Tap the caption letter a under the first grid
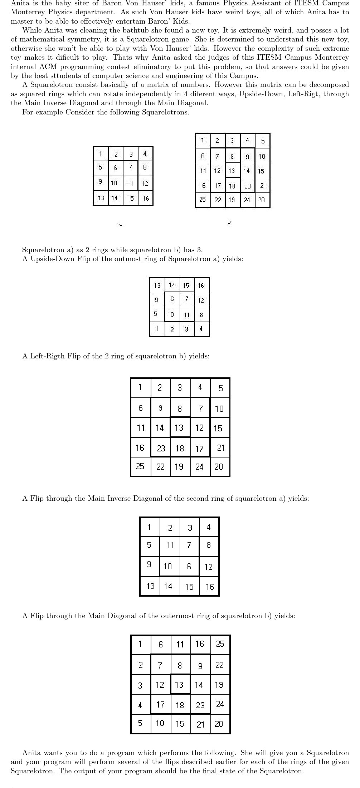click(x=121, y=224)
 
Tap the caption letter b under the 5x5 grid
click(x=229, y=222)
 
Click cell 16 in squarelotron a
click(x=146, y=198)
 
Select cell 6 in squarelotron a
click(x=116, y=167)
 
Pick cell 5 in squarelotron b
click(x=263, y=141)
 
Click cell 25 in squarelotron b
click(x=203, y=200)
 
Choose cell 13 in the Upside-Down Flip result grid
click(x=157, y=285)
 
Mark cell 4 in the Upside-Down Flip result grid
click(x=201, y=329)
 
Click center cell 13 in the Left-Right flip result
click(x=179, y=428)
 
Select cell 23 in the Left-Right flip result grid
click(x=161, y=448)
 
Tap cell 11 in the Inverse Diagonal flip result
click(x=170, y=545)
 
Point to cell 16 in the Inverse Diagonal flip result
click(x=209, y=587)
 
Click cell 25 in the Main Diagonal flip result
click(x=220, y=644)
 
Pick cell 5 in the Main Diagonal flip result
click(x=141, y=723)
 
